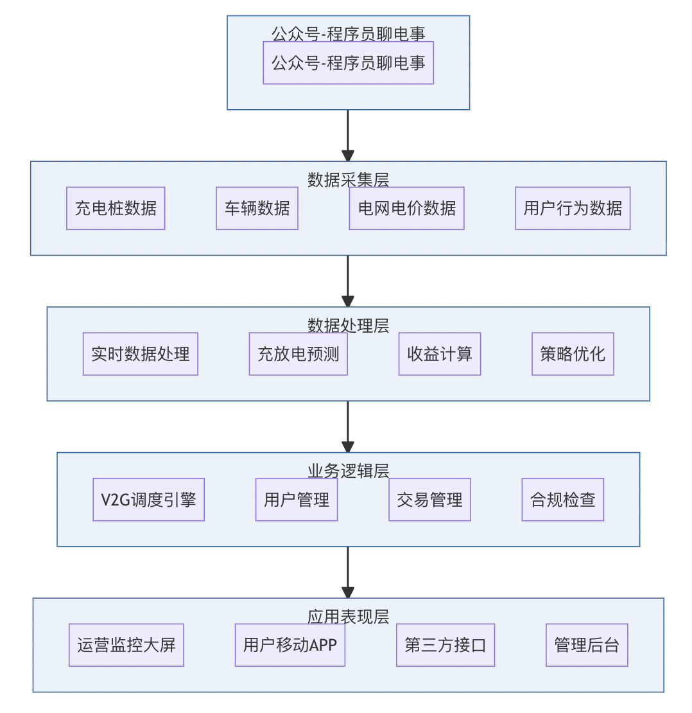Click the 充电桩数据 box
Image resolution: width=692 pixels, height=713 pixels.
[x=116, y=208]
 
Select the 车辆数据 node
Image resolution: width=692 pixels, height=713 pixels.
[x=257, y=208]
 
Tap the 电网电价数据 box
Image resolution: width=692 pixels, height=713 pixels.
[x=406, y=208]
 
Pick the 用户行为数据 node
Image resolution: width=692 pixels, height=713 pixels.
[x=573, y=208]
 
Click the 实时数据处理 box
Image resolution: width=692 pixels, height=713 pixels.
[x=140, y=354]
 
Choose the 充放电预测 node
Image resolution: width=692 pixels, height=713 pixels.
[x=298, y=354]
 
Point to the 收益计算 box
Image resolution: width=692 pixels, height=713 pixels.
[x=439, y=354]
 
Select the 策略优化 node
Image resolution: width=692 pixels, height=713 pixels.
[x=573, y=354]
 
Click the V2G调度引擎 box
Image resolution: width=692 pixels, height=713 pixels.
[x=148, y=500]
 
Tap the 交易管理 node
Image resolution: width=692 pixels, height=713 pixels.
[x=429, y=500]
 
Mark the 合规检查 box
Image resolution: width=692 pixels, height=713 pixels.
[x=562, y=500]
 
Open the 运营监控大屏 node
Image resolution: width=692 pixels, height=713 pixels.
[x=126, y=645]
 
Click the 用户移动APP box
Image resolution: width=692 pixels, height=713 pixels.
[x=290, y=645]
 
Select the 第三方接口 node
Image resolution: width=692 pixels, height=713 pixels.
[x=445, y=645]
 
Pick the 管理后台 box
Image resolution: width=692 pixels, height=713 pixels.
[x=587, y=645]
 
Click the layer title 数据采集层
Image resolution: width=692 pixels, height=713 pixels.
[x=348, y=180]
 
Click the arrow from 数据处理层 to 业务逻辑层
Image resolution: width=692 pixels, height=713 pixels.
[x=348, y=427]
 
